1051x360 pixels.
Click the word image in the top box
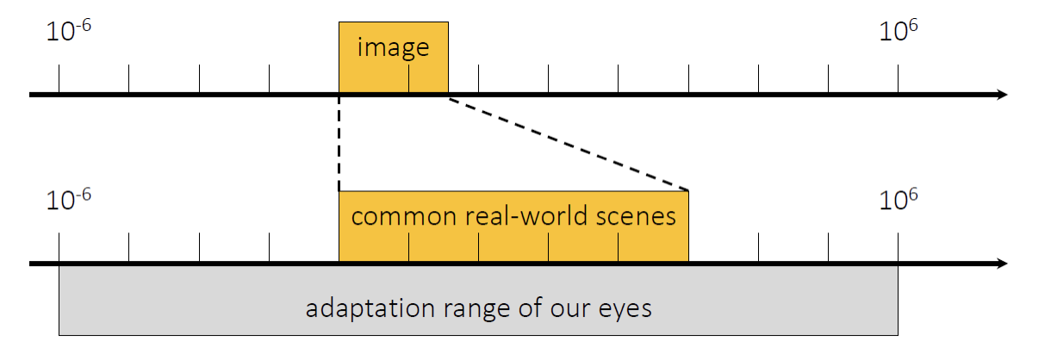click(x=393, y=47)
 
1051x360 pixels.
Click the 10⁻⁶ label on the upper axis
click(x=67, y=33)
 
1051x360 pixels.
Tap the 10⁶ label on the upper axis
click(x=899, y=33)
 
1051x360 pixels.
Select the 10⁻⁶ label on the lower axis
click(x=67, y=202)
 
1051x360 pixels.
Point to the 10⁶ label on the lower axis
click(x=899, y=202)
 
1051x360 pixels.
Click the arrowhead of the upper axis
click(x=1001, y=94)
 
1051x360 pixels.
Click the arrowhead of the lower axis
click(x=1001, y=263)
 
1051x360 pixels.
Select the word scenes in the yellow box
click(x=637, y=215)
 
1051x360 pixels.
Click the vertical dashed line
click(x=339, y=142)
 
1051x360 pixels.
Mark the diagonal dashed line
click(x=569, y=144)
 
